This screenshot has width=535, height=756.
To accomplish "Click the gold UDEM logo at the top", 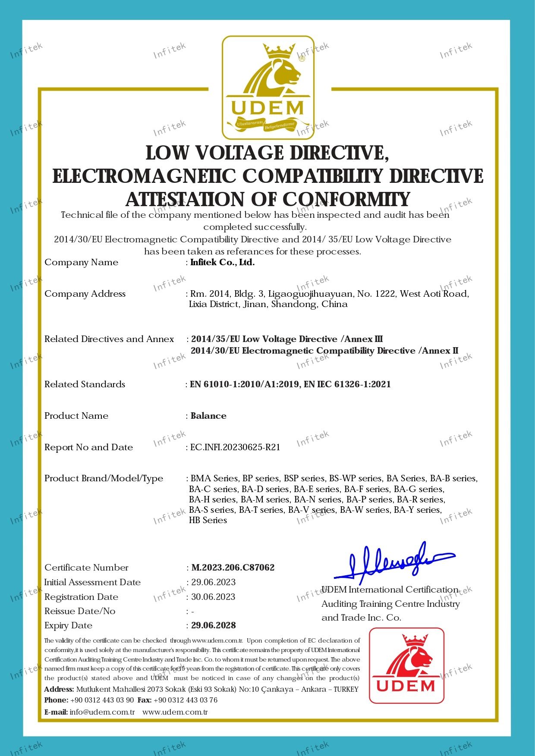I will [268, 87].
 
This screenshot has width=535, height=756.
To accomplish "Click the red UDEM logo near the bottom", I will [406, 665].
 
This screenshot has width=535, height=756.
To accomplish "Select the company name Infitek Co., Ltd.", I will [223, 262].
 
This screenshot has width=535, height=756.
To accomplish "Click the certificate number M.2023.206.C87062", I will [233, 568].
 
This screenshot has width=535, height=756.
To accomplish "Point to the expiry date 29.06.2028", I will [214, 625].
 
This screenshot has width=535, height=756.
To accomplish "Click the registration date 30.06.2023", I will [214, 597].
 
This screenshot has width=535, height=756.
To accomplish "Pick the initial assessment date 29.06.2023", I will [214, 582].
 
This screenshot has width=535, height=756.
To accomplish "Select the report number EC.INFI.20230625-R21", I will [236, 447].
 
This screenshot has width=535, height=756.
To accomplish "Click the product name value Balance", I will [208, 416].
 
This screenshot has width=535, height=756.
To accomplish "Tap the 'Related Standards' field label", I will [85, 384].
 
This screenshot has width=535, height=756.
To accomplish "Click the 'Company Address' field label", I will [85, 294].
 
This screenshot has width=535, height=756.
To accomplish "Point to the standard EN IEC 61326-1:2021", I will [347, 384].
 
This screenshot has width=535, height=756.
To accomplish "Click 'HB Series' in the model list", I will [208, 520].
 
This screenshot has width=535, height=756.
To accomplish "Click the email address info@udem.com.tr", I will [102, 712].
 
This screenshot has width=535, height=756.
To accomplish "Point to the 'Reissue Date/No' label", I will [80, 611].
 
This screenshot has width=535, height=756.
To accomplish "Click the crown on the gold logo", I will [280, 53].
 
